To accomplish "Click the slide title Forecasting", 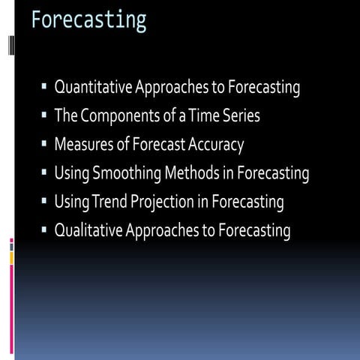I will point(88,19).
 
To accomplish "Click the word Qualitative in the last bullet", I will point(89,229).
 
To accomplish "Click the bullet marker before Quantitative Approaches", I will point(44,89).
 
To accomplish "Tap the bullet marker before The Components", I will point(44,118).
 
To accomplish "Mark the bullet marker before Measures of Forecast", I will point(44,145).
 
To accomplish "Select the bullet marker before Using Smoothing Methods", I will point(44,174).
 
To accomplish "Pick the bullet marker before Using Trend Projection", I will point(44,202).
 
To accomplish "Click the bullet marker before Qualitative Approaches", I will point(44,230).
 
